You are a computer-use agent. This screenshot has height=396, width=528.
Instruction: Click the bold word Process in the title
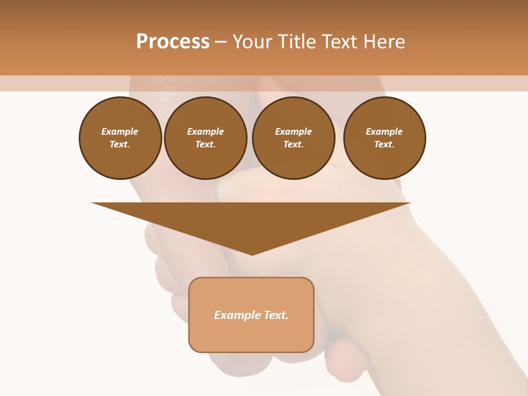173,42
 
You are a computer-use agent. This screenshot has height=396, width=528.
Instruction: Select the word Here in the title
384,42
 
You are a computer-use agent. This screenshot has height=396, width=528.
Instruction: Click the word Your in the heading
251,42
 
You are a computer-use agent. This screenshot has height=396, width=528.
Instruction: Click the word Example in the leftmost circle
119,131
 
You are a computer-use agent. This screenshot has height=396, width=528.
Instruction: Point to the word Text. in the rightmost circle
384,144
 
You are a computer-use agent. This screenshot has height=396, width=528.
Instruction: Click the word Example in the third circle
293,131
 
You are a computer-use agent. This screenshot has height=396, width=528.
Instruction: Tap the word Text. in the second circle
205,144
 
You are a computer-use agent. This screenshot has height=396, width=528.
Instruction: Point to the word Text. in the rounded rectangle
276,315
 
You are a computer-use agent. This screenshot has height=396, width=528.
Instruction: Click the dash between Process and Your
221,42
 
